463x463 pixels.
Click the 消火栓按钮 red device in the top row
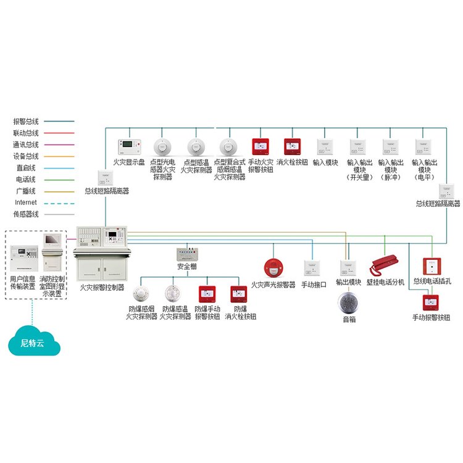click(292, 147)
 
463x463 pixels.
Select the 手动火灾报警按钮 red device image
click(260, 147)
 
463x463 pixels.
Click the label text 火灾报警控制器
click(102, 288)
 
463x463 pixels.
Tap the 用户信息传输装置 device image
click(22, 256)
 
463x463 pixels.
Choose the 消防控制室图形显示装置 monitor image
click(51, 251)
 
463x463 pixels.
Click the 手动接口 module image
click(311, 268)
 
